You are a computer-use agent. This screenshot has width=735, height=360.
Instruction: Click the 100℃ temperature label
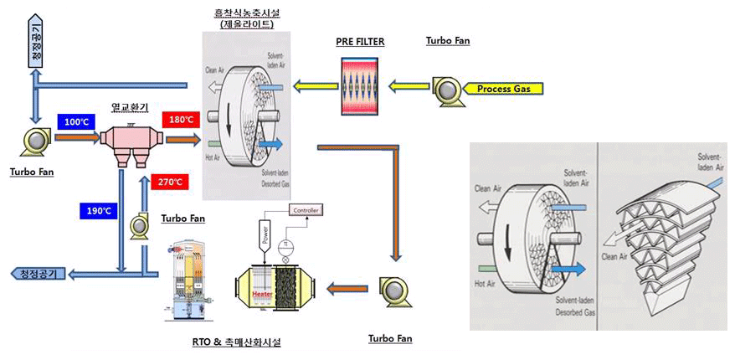point(78,122)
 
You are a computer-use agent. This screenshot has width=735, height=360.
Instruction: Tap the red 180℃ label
point(182,120)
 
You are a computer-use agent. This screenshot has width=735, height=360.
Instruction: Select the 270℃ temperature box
point(170,182)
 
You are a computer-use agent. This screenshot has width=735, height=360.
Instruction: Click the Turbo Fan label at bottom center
point(391,339)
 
